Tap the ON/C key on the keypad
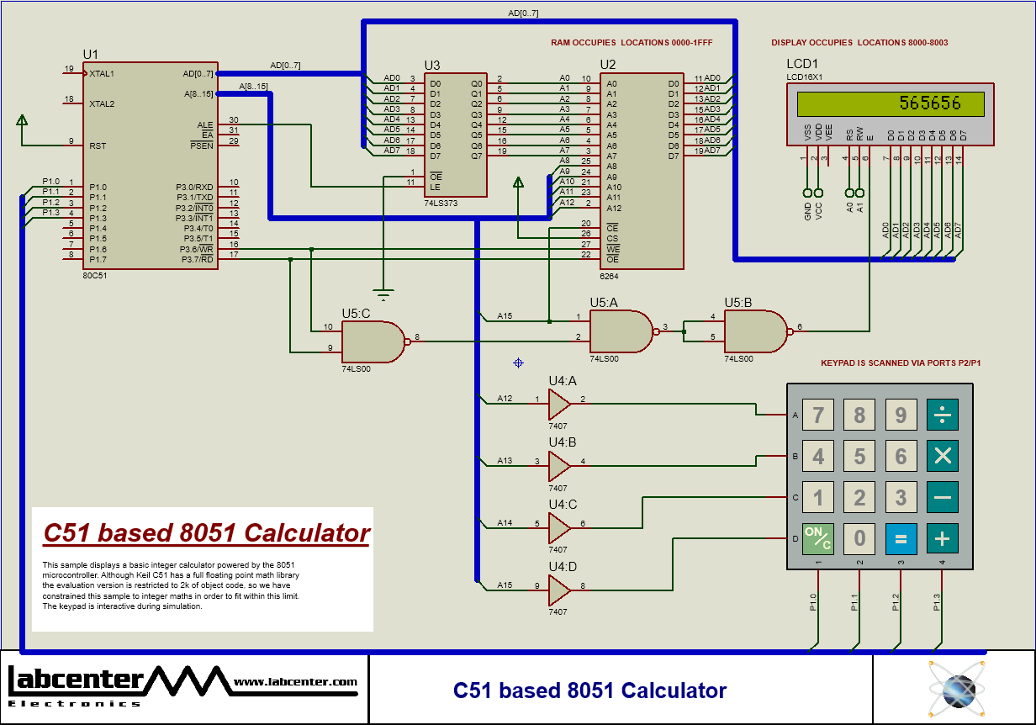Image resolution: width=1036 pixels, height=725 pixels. tap(817, 538)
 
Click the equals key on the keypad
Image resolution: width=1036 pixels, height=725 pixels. tap(901, 538)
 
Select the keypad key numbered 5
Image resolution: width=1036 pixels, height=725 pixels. tap(859, 457)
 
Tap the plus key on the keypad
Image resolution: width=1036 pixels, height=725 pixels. tap(942, 538)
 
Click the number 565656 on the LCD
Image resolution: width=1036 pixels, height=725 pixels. tap(929, 103)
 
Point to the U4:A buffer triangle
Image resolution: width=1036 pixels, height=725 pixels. tap(558, 404)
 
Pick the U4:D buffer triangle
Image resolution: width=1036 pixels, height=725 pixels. tap(558, 590)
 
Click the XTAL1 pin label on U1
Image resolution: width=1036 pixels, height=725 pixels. tap(102, 73)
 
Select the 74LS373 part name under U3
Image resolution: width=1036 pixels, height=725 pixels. tap(441, 204)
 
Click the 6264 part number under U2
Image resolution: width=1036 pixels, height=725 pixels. tap(609, 276)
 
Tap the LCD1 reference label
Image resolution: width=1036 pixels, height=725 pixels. tap(801, 64)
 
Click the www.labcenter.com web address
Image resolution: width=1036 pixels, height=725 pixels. tap(295, 682)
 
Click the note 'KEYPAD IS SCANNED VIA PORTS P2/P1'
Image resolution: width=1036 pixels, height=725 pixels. tap(901, 363)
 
